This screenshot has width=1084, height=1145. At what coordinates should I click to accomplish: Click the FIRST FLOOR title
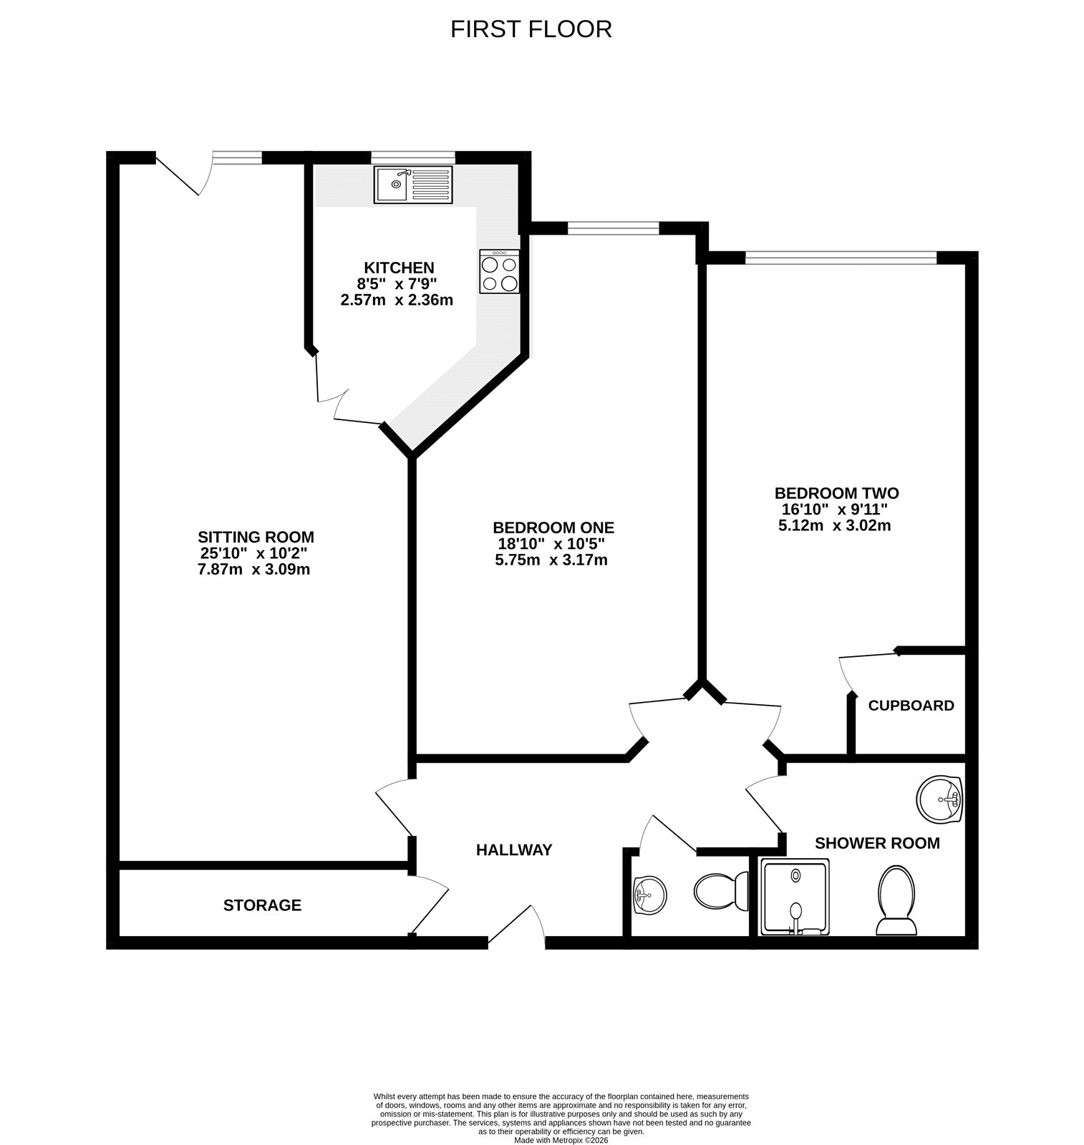tap(531, 29)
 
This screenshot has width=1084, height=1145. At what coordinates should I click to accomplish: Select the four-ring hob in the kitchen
tap(500, 272)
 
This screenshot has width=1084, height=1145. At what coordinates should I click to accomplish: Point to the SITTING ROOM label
tap(256, 537)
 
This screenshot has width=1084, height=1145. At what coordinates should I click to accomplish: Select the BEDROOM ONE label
tap(553, 527)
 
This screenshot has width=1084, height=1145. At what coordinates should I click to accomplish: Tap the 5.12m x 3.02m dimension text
tap(834, 525)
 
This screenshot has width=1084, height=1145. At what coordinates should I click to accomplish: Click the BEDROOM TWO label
tap(836, 493)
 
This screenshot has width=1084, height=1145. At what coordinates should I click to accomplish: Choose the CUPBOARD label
tap(911, 706)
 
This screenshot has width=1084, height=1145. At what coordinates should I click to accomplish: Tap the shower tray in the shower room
tap(795, 897)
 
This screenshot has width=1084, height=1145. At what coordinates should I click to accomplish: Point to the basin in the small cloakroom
tap(649, 895)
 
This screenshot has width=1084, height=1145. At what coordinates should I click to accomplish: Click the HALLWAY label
tap(514, 850)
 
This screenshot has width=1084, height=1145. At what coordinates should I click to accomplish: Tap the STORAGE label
tap(262, 905)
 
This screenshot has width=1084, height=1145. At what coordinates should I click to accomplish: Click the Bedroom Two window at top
tap(841, 257)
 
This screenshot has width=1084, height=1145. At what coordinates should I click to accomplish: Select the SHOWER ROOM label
tap(876, 843)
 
